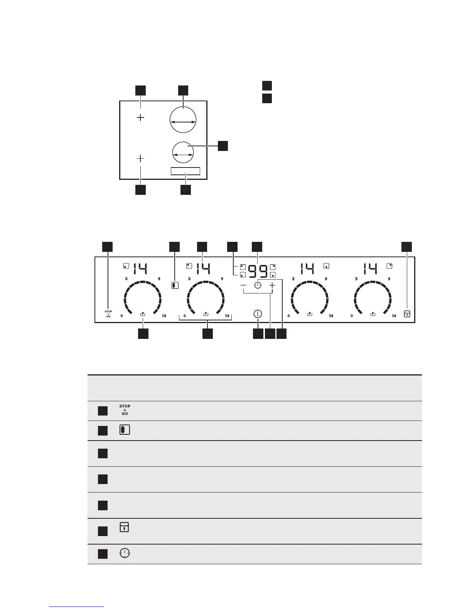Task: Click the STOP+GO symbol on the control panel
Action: [x=108, y=314]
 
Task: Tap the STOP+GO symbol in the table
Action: [x=125, y=410]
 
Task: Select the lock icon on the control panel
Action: [x=407, y=314]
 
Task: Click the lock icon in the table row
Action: [x=124, y=527]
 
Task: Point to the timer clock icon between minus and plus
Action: [x=258, y=285]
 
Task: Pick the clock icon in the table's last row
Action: [x=125, y=554]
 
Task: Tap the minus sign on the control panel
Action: [x=243, y=285]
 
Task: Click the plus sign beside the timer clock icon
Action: [x=272, y=285]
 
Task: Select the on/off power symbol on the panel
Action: [x=258, y=313]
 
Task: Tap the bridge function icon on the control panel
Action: [x=174, y=286]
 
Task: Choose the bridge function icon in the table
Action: [x=125, y=430]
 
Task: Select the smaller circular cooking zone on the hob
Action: [x=183, y=153]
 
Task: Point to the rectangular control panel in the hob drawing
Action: [x=185, y=171]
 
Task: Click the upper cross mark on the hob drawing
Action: [x=141, y=117]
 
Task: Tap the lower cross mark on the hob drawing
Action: [x=141, y=158]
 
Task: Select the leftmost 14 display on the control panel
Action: [x=140, y=268]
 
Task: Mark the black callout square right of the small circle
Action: [x=223, y=146]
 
